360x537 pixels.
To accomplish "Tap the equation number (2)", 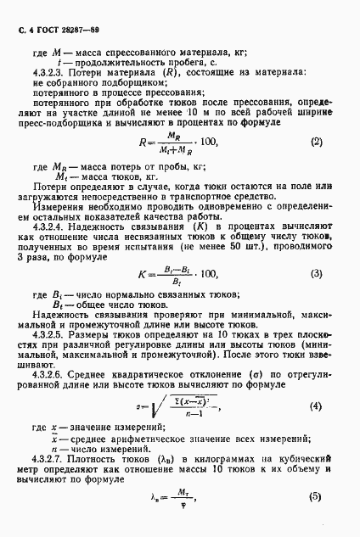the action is pos(317,140).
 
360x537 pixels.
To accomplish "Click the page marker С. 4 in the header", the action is pos(20,30).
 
